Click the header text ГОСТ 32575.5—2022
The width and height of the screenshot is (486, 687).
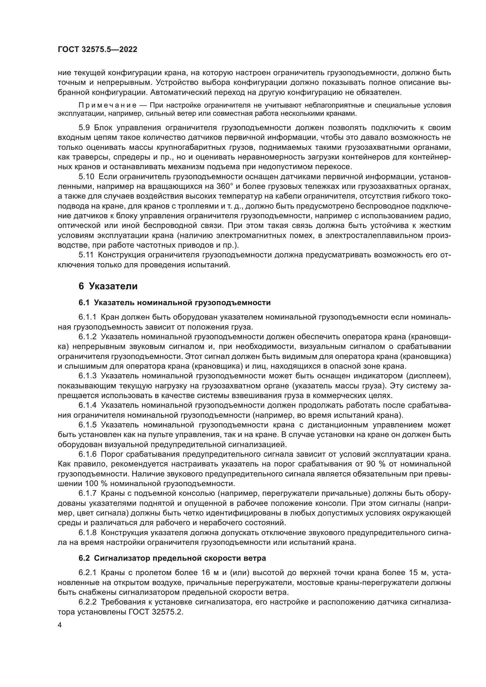98,50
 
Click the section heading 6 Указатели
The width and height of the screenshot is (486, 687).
108,286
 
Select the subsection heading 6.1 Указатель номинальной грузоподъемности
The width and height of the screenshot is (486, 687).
175,303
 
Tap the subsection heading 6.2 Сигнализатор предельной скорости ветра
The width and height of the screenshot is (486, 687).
172,558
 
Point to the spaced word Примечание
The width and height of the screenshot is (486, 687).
108,105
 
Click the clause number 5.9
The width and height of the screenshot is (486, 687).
84,128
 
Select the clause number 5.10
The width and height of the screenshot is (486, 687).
86,177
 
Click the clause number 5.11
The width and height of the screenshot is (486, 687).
86,255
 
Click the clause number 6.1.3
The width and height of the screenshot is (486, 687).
88,376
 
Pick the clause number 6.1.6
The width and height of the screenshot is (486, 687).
88,454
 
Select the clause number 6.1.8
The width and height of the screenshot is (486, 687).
88,533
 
